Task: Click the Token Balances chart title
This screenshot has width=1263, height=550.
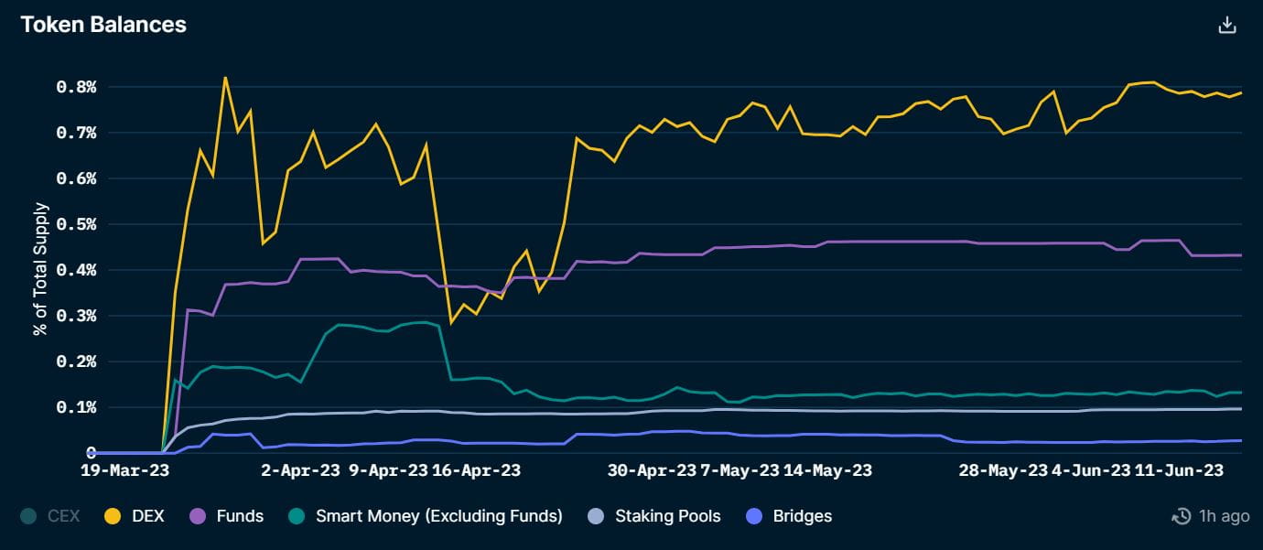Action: [103, 25]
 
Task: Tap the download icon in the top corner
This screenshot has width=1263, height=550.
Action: [1227, 26]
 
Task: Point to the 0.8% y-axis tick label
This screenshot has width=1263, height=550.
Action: [76, 87]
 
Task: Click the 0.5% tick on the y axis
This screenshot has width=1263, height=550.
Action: [76, 224]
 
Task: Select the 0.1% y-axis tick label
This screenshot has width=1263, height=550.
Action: [76, 407]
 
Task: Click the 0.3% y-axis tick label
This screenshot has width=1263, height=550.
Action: [76, 316]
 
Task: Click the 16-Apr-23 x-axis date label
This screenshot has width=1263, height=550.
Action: [476, 471]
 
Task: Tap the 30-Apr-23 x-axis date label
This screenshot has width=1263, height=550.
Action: [653, 471]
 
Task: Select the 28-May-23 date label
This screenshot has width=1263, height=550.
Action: [1003, 471]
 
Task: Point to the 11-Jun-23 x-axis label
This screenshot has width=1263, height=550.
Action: [1179, 471]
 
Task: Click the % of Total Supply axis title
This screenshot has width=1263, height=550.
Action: [40, 269]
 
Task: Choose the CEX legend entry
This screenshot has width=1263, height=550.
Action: [52, 516]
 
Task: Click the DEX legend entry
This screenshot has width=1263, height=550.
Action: [135, 516]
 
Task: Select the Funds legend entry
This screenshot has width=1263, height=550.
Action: [227, 516]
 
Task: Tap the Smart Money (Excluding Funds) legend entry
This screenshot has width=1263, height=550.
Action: [426, 516]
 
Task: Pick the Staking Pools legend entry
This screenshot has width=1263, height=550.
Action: [653, 516]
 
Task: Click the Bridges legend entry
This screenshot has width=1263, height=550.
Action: [790, 516]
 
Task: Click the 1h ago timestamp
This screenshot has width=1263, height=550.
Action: [1211, 516]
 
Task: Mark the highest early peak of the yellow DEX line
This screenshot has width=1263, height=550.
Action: [225, 78]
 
